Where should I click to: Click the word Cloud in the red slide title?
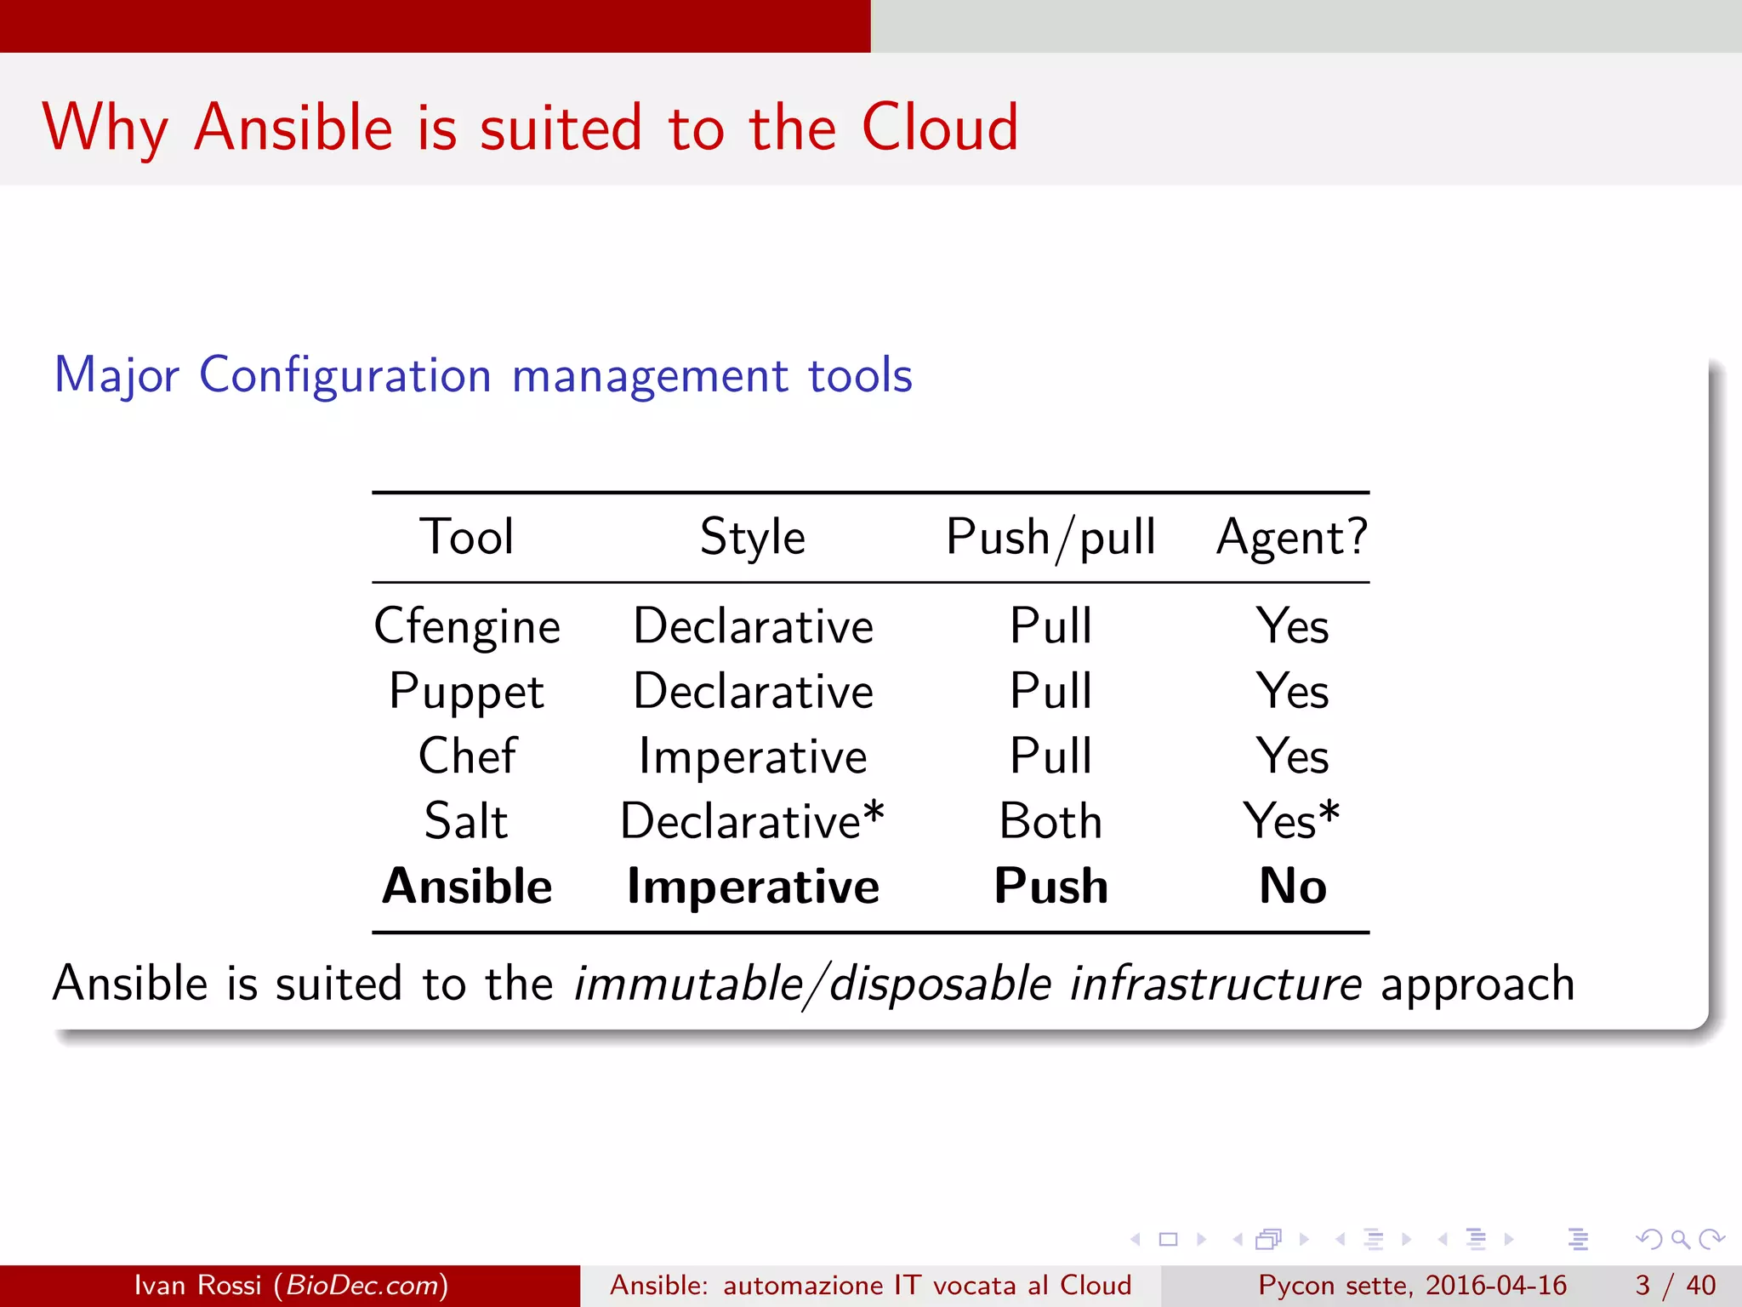939,128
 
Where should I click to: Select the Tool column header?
466,537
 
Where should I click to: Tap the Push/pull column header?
1050,537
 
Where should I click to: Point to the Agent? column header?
1292,537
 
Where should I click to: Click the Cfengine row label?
467,627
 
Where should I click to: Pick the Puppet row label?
466,692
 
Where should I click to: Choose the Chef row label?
467,756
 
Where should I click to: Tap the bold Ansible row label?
467,886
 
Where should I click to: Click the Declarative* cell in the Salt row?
753,821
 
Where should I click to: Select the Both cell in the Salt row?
1050,821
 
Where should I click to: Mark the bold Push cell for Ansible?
1050,886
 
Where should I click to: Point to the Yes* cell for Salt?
1291,821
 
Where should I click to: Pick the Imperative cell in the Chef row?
753,756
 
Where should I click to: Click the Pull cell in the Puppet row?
1050,691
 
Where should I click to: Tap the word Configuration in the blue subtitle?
345,375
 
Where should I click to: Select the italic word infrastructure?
1215,984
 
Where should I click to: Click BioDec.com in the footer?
362,1285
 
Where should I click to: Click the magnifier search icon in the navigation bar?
1680,1239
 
